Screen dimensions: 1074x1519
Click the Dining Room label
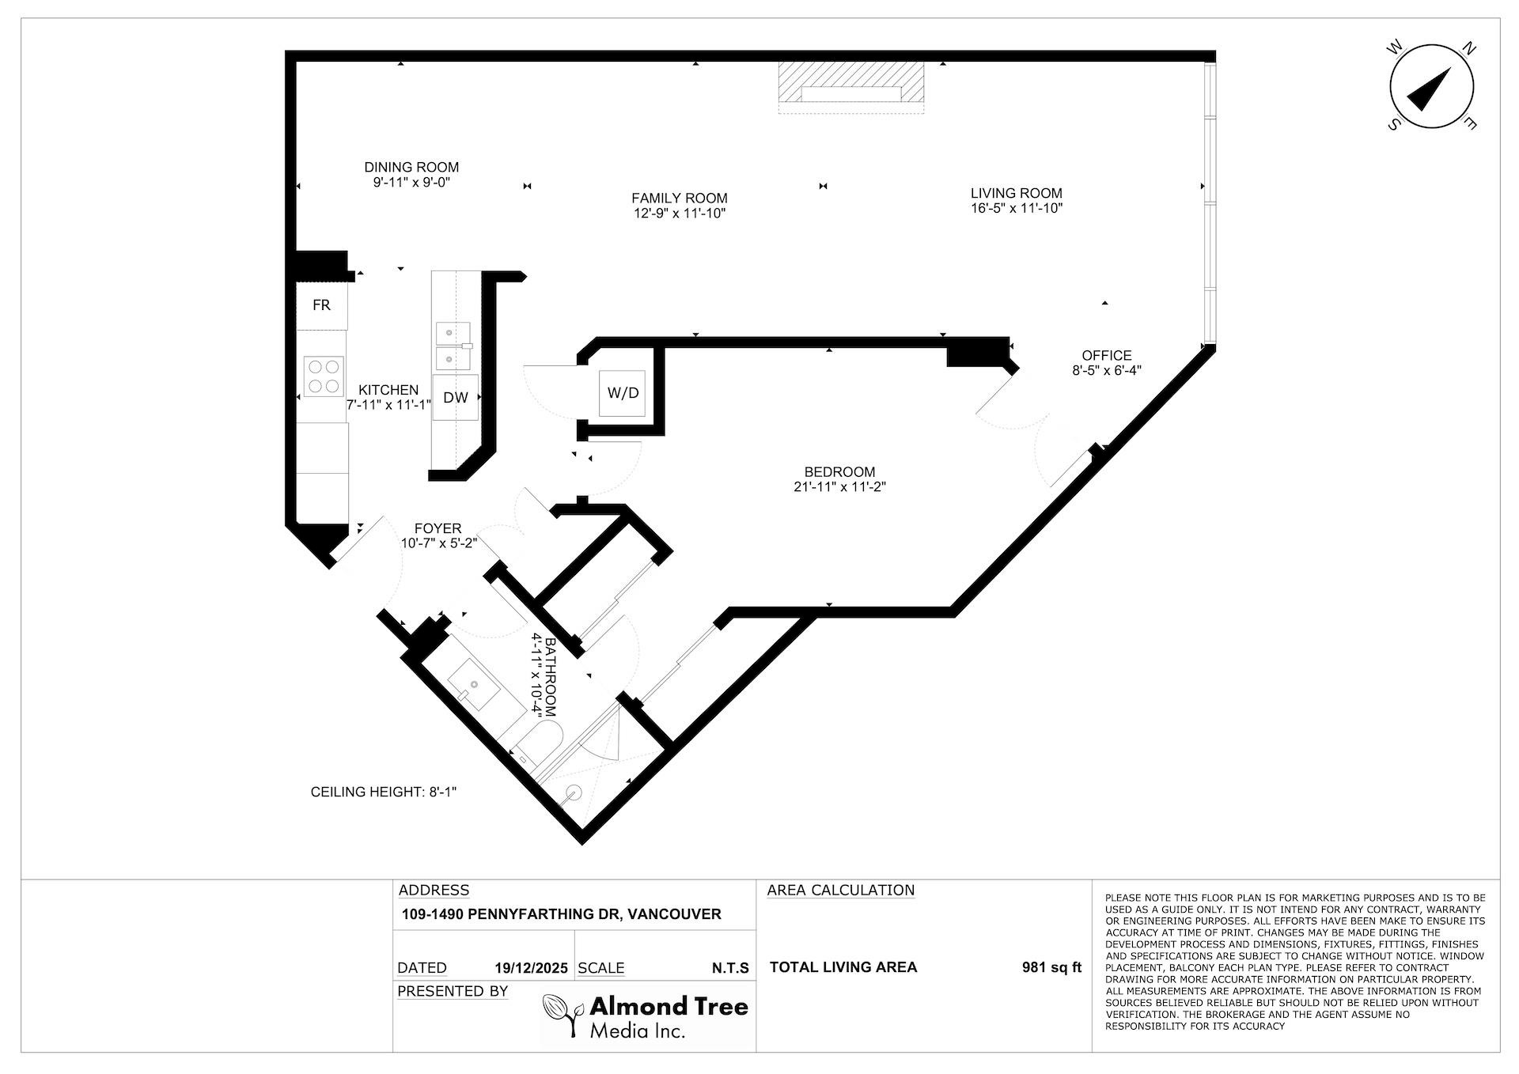(411, 167)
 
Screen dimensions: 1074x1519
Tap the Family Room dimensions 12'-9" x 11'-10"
(679, 214)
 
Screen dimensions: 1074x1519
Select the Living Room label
(1016, 193)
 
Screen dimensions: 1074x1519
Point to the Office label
(1106, 355)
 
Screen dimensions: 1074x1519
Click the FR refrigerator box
(321, 305)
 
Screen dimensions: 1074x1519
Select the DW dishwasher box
(455, 398)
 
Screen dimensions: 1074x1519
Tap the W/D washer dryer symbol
(623, 393)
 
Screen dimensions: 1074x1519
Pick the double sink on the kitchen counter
(453, 346)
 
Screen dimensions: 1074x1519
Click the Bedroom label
(839, 471)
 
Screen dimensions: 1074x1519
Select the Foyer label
(438, 528)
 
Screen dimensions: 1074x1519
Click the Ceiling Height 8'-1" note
(384, 792)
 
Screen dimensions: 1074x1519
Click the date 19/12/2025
(531, 968)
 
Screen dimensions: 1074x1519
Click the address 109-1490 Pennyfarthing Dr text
(561, 914)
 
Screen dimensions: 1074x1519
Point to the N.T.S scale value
(729, 968)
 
